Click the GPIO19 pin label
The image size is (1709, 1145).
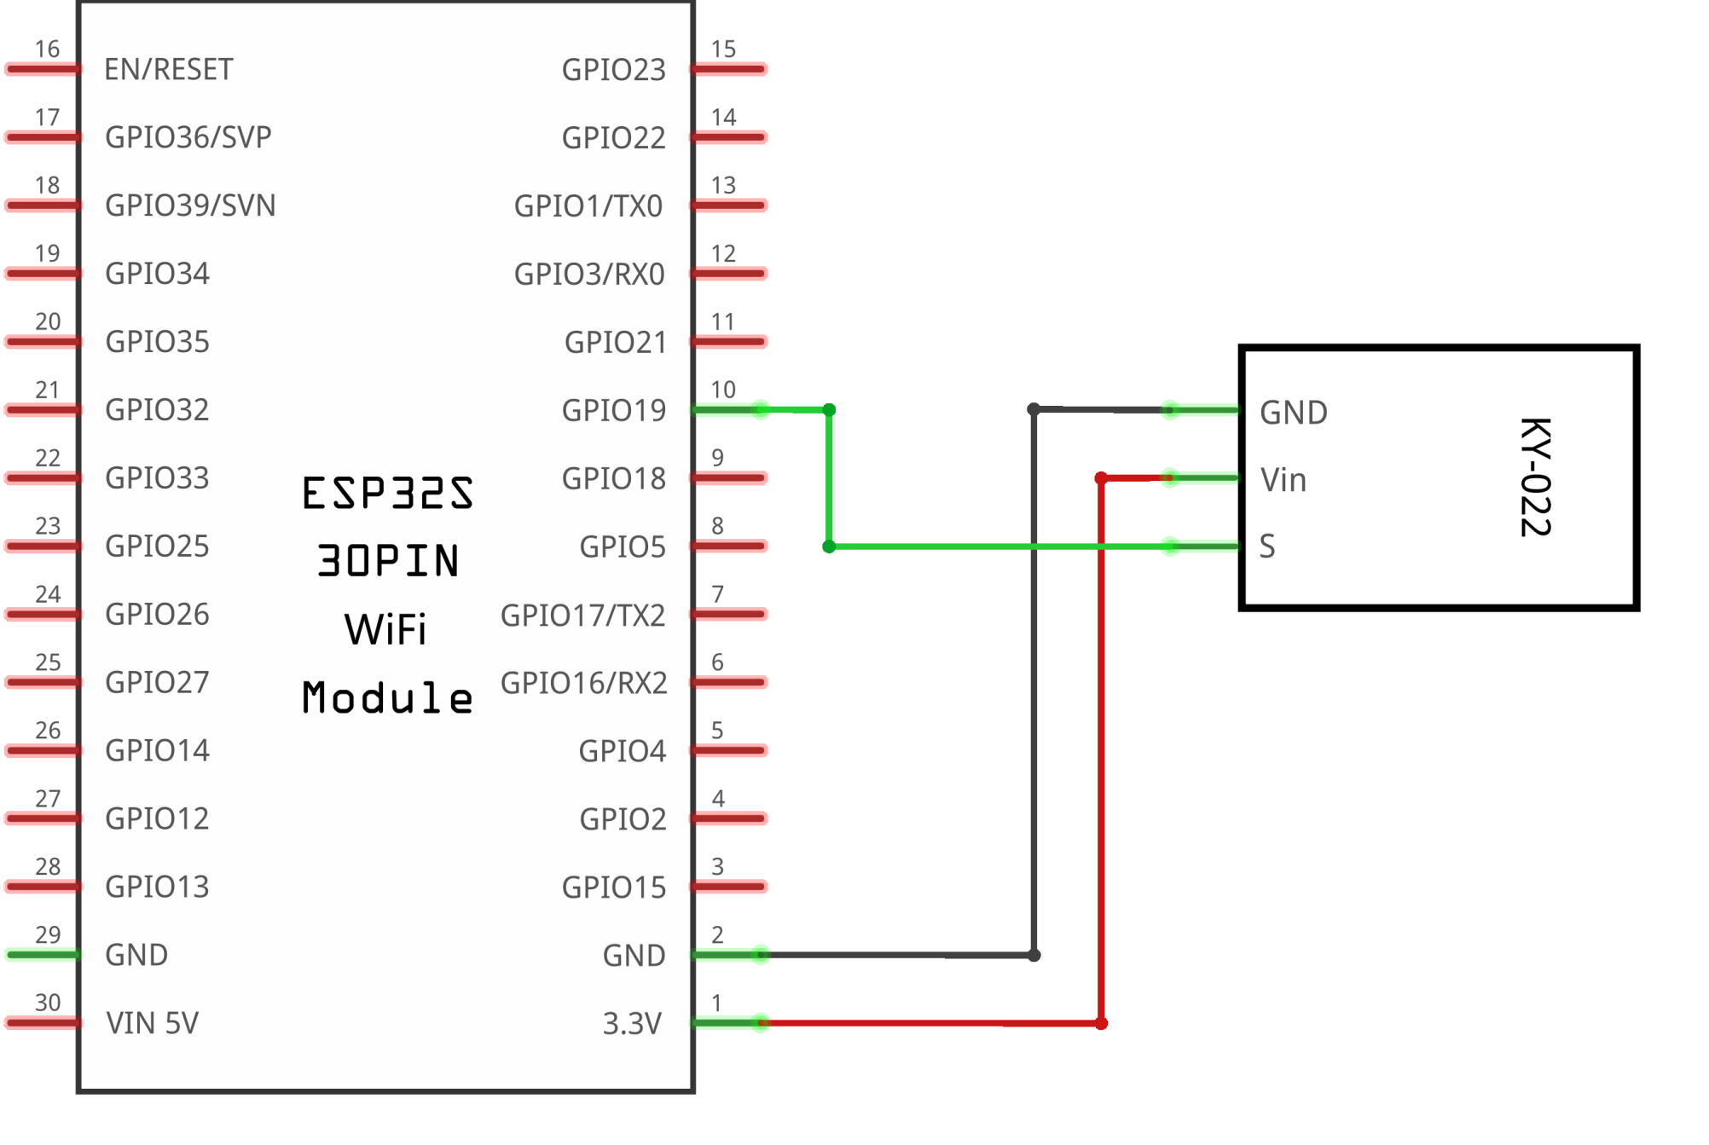pos(613,410)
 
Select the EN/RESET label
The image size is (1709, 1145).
pos(168,69)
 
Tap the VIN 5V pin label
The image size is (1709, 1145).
pos(152,1022)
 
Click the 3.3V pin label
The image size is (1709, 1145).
pos(632,1023)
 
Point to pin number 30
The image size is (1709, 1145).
pos(48,1003)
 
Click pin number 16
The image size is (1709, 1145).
pos(48,49)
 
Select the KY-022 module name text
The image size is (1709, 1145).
pos(1535,477)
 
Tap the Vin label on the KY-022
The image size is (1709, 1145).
pos(1283,480)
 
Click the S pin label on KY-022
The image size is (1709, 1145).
pos(1267,546)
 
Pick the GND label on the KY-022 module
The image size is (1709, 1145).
pos(1294,413)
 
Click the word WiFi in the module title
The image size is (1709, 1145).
pos(385,630)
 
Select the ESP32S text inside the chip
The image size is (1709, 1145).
pos(387,494)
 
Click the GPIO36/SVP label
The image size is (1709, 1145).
pos(188,137)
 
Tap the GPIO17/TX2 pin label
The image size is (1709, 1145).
pos(582,615)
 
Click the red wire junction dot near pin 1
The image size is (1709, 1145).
pos(1101,1023)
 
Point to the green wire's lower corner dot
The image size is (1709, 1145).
pos(829,546)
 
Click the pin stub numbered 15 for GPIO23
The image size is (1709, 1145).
pos(729,69)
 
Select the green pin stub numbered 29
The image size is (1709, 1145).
pos(43,954)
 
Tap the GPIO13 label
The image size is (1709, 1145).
pos(157,887)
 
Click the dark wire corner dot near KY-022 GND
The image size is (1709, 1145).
pos(1034,410)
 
